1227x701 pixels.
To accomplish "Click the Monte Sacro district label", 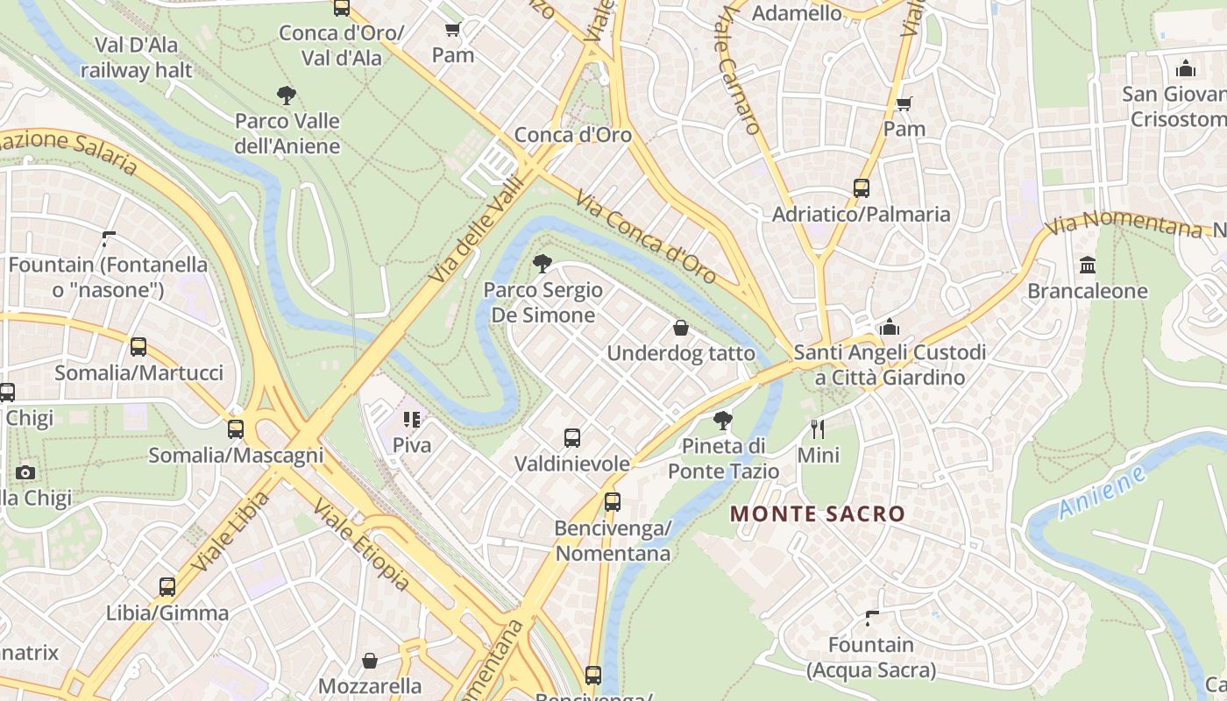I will point(817,513).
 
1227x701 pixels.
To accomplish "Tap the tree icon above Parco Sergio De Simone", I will point(543,263).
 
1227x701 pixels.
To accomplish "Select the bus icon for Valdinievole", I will point(572,437).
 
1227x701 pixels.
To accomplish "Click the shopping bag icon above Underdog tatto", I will point(681,328).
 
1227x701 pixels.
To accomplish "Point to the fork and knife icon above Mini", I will point(818,428).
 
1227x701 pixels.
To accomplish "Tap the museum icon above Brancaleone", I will point(1088,265).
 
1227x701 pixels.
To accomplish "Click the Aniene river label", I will point(1102,492).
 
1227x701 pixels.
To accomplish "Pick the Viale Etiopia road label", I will point(361,545).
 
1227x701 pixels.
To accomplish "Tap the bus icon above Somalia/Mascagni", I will point(236,429).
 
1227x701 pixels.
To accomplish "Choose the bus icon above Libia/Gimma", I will point(167,586).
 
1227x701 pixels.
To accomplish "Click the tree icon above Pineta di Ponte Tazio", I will point(723,421).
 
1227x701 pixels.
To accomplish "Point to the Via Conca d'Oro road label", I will point(646,237).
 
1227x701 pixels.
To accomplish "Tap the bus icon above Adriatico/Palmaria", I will point(862,188).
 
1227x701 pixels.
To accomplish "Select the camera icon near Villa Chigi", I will point(25,473).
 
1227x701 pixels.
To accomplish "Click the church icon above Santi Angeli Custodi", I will point(890,327).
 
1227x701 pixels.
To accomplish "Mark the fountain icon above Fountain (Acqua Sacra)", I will point(871,619).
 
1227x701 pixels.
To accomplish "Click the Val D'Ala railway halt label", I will point(136,57).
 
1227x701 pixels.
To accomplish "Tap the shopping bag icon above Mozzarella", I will point(370,660).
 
